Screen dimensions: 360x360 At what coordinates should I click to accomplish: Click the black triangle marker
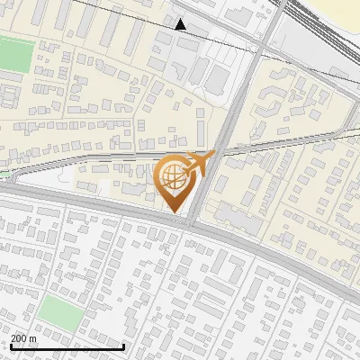[x=181, y=24]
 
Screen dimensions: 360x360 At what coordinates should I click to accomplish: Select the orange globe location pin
[x=176, y=183]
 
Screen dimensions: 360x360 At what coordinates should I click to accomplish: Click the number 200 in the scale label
[x=20, y=338]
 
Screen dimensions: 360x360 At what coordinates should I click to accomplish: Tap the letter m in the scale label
[x=32, y=338]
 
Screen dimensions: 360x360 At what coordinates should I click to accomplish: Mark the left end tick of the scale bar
[x=10, y=346]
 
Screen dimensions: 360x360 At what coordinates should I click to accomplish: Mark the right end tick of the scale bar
[x=123, y=346]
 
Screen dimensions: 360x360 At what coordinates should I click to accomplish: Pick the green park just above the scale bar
[x=59, y=311]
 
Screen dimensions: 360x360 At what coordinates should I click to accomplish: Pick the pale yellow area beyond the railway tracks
[x=343, y=8]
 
